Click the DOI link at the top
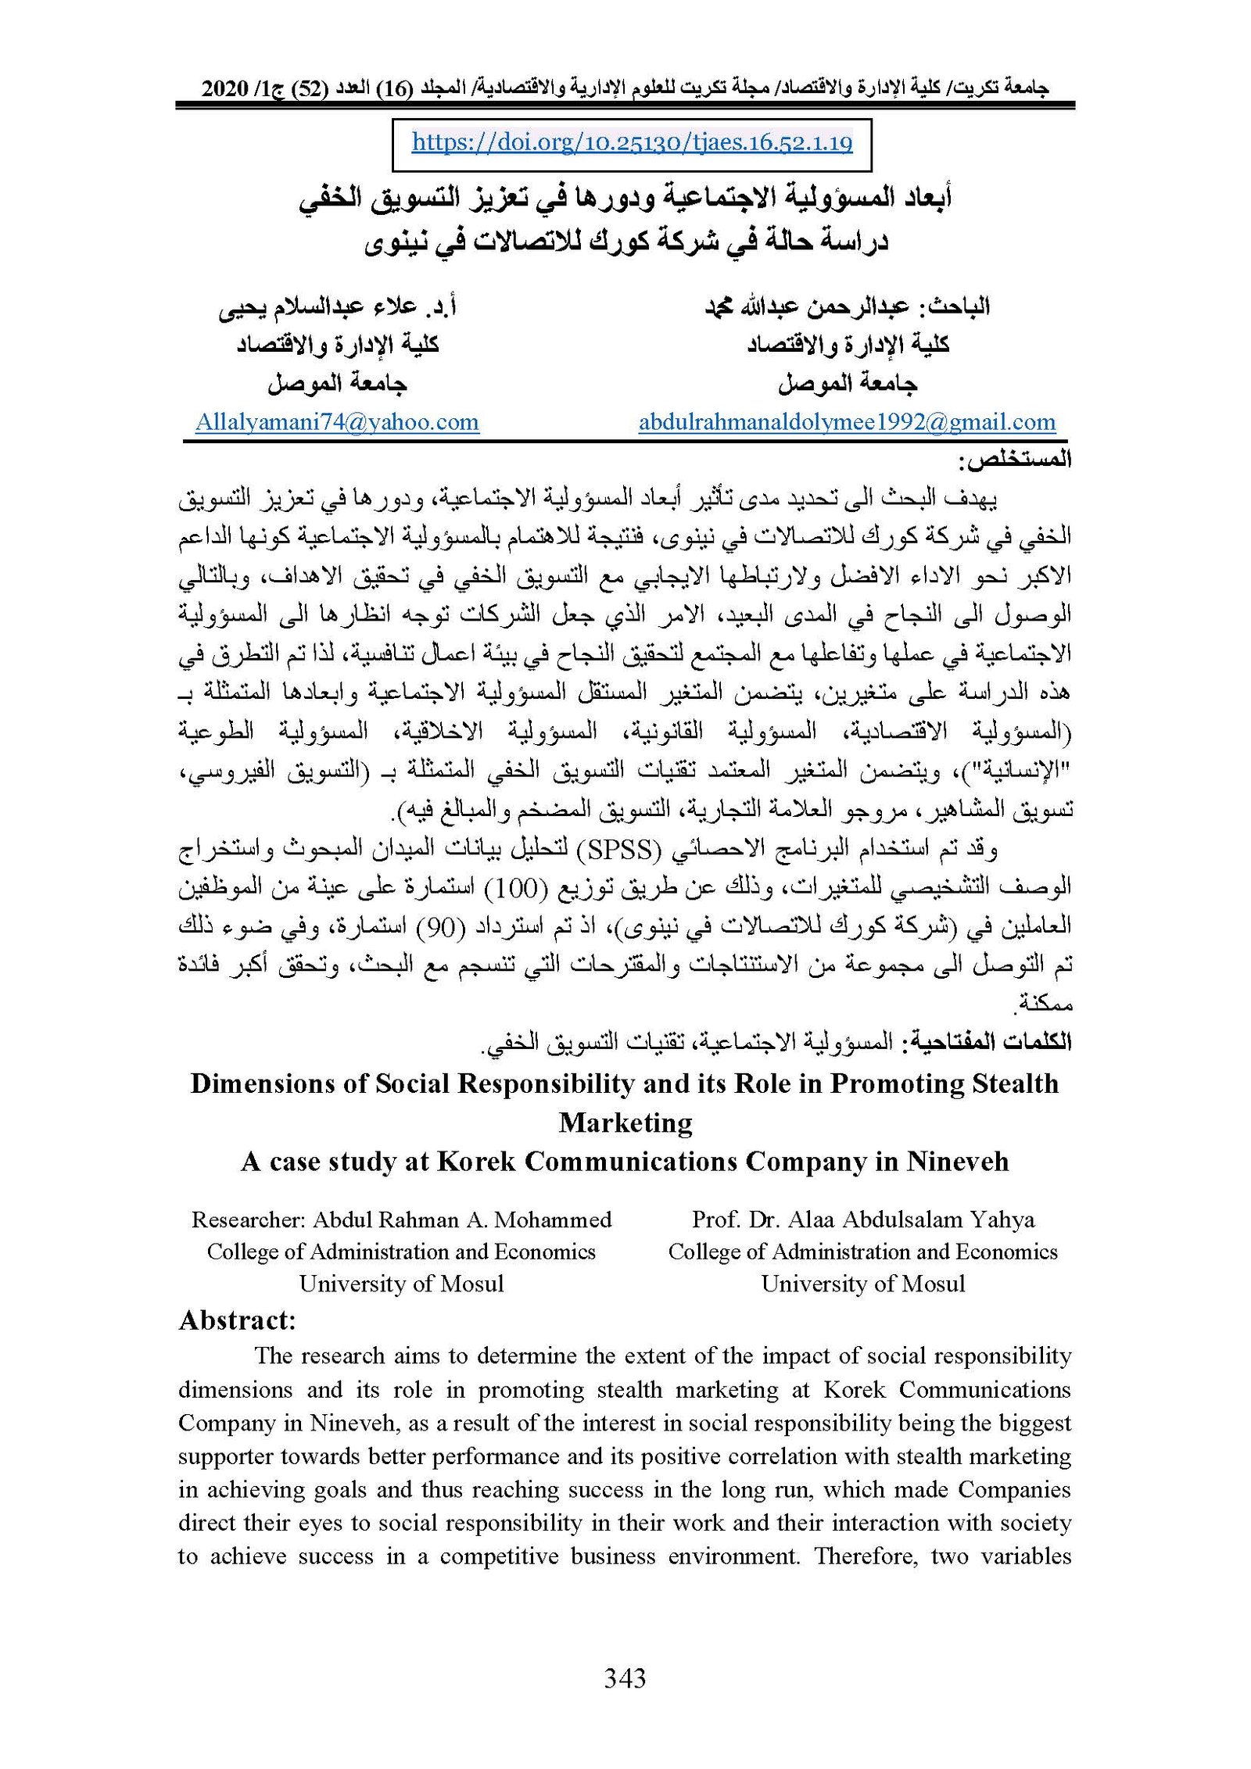click(x=632, y=142)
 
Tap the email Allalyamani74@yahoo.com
click(x=337, y=422)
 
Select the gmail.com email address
click(x=847, y=422)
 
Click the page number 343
click(x=625, y=1678)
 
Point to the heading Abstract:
click(x=237, y=1320)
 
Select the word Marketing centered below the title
click(x=625, y=1123)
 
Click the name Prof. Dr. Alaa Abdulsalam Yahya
click(x=862, y=1219)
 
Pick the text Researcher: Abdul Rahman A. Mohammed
click(x=401, y=1219)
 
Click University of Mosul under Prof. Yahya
click(x=862, y=1284)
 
